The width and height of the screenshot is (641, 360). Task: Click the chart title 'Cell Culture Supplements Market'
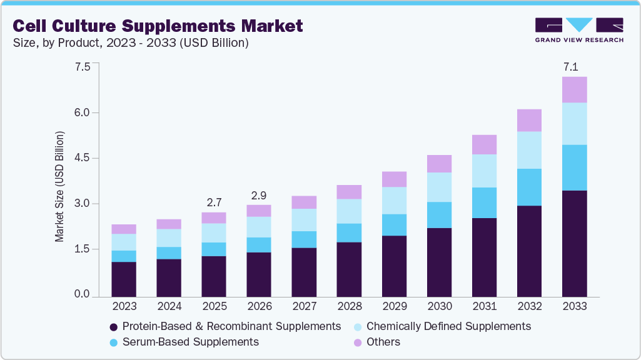point(158,26)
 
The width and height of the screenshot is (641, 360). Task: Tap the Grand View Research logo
point(578,29)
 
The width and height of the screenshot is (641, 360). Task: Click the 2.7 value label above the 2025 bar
point(214,202)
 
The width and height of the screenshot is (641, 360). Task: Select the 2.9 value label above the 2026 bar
point(259,196)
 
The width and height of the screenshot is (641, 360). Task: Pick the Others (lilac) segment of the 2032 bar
point(529,120)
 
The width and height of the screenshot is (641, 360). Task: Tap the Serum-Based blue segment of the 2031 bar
point(484,202)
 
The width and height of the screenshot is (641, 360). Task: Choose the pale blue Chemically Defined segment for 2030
point(439,187)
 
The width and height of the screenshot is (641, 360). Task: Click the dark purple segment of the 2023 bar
point(124,278)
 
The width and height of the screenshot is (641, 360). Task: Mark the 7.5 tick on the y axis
point(83,67)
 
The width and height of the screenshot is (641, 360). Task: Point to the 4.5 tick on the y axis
point(83,158)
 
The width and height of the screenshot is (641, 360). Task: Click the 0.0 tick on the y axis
point(83,294)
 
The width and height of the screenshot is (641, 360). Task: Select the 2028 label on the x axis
point(349,307)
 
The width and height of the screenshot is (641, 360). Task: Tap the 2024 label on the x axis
point(169,307)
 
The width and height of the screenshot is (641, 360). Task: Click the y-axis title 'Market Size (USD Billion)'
point(60,186)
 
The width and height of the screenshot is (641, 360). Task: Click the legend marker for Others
point(358,342)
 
